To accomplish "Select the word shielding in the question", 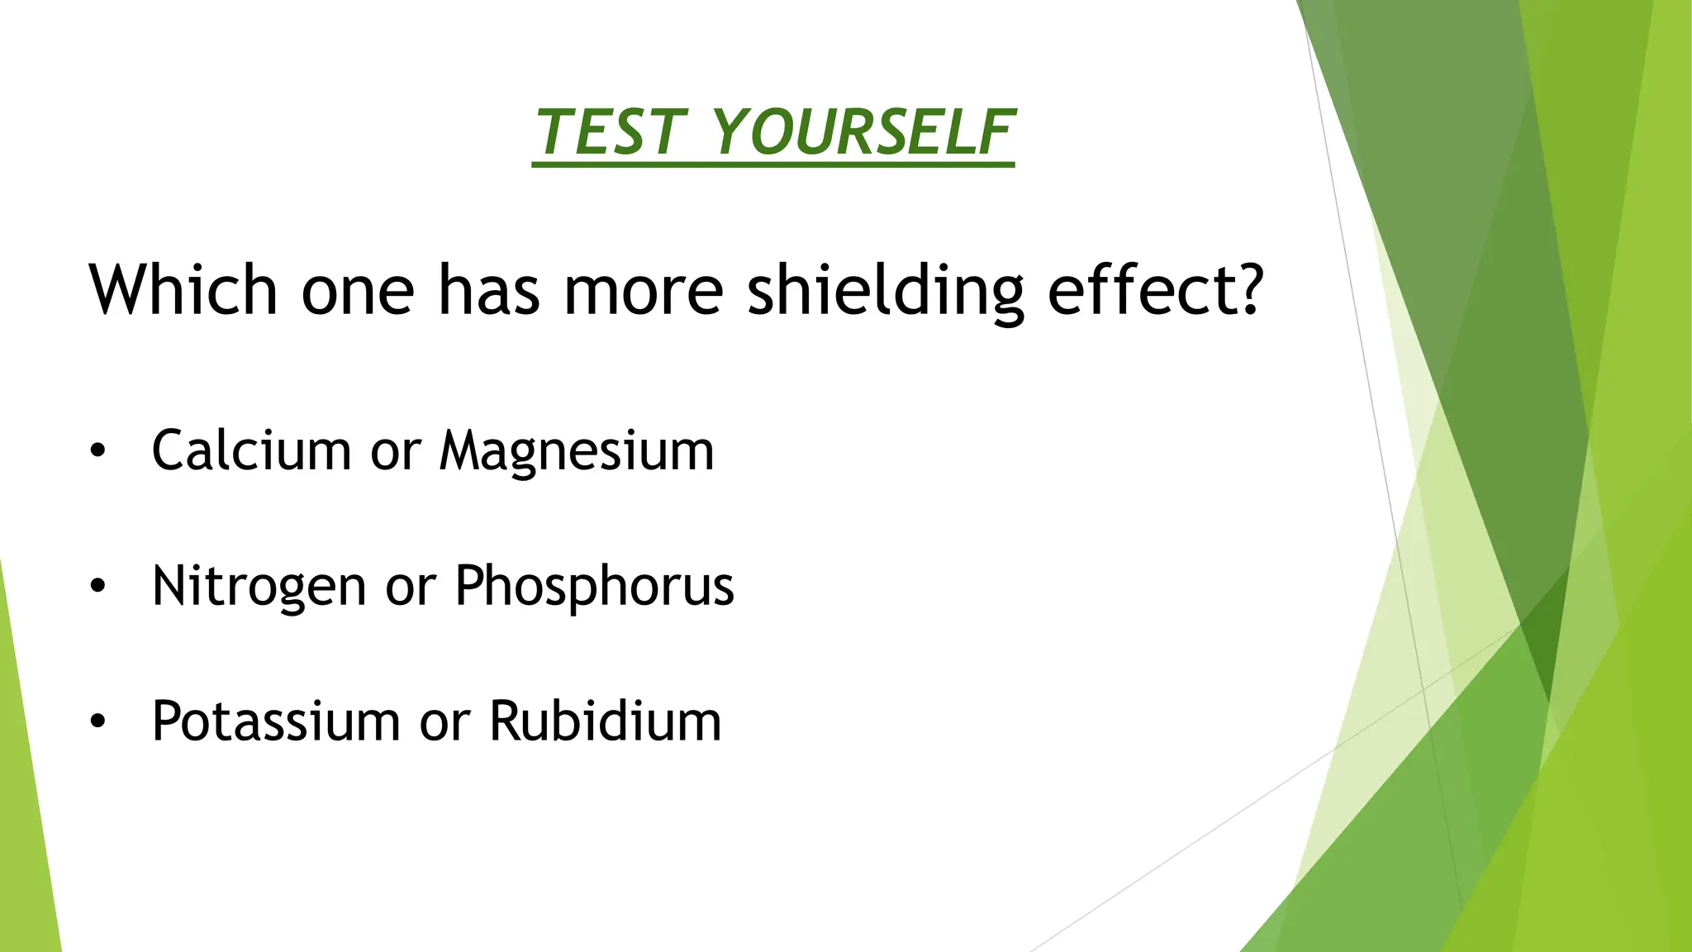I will pos(885,291).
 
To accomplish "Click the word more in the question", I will pos(643,291).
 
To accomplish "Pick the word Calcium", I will pos(251,450).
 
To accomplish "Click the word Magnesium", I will pos(576,452).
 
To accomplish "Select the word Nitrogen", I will pos(259,587).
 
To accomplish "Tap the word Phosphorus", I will pos(594,587).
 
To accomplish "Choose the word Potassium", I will pos(276,721).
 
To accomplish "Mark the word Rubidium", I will pos(605,721).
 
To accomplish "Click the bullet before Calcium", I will pos(98,452).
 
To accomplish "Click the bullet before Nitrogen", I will pos(98,587).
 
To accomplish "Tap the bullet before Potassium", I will pos(98,721).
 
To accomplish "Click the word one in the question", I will pos(357,291).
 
